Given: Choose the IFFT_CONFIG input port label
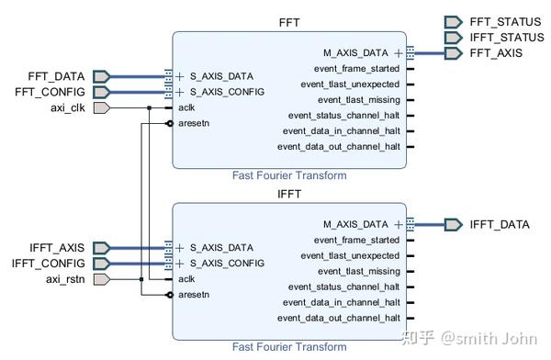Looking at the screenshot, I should point(53,264).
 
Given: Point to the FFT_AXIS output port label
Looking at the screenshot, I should point(496,54).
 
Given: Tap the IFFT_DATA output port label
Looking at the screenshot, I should point(500,224).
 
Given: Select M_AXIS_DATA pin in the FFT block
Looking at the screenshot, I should point(355,53).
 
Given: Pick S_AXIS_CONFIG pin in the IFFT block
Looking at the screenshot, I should point(227,264).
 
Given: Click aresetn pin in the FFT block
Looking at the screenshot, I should point(196,123).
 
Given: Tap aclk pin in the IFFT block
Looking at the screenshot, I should point(186,279).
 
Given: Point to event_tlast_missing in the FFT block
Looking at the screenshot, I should point(359,100).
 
